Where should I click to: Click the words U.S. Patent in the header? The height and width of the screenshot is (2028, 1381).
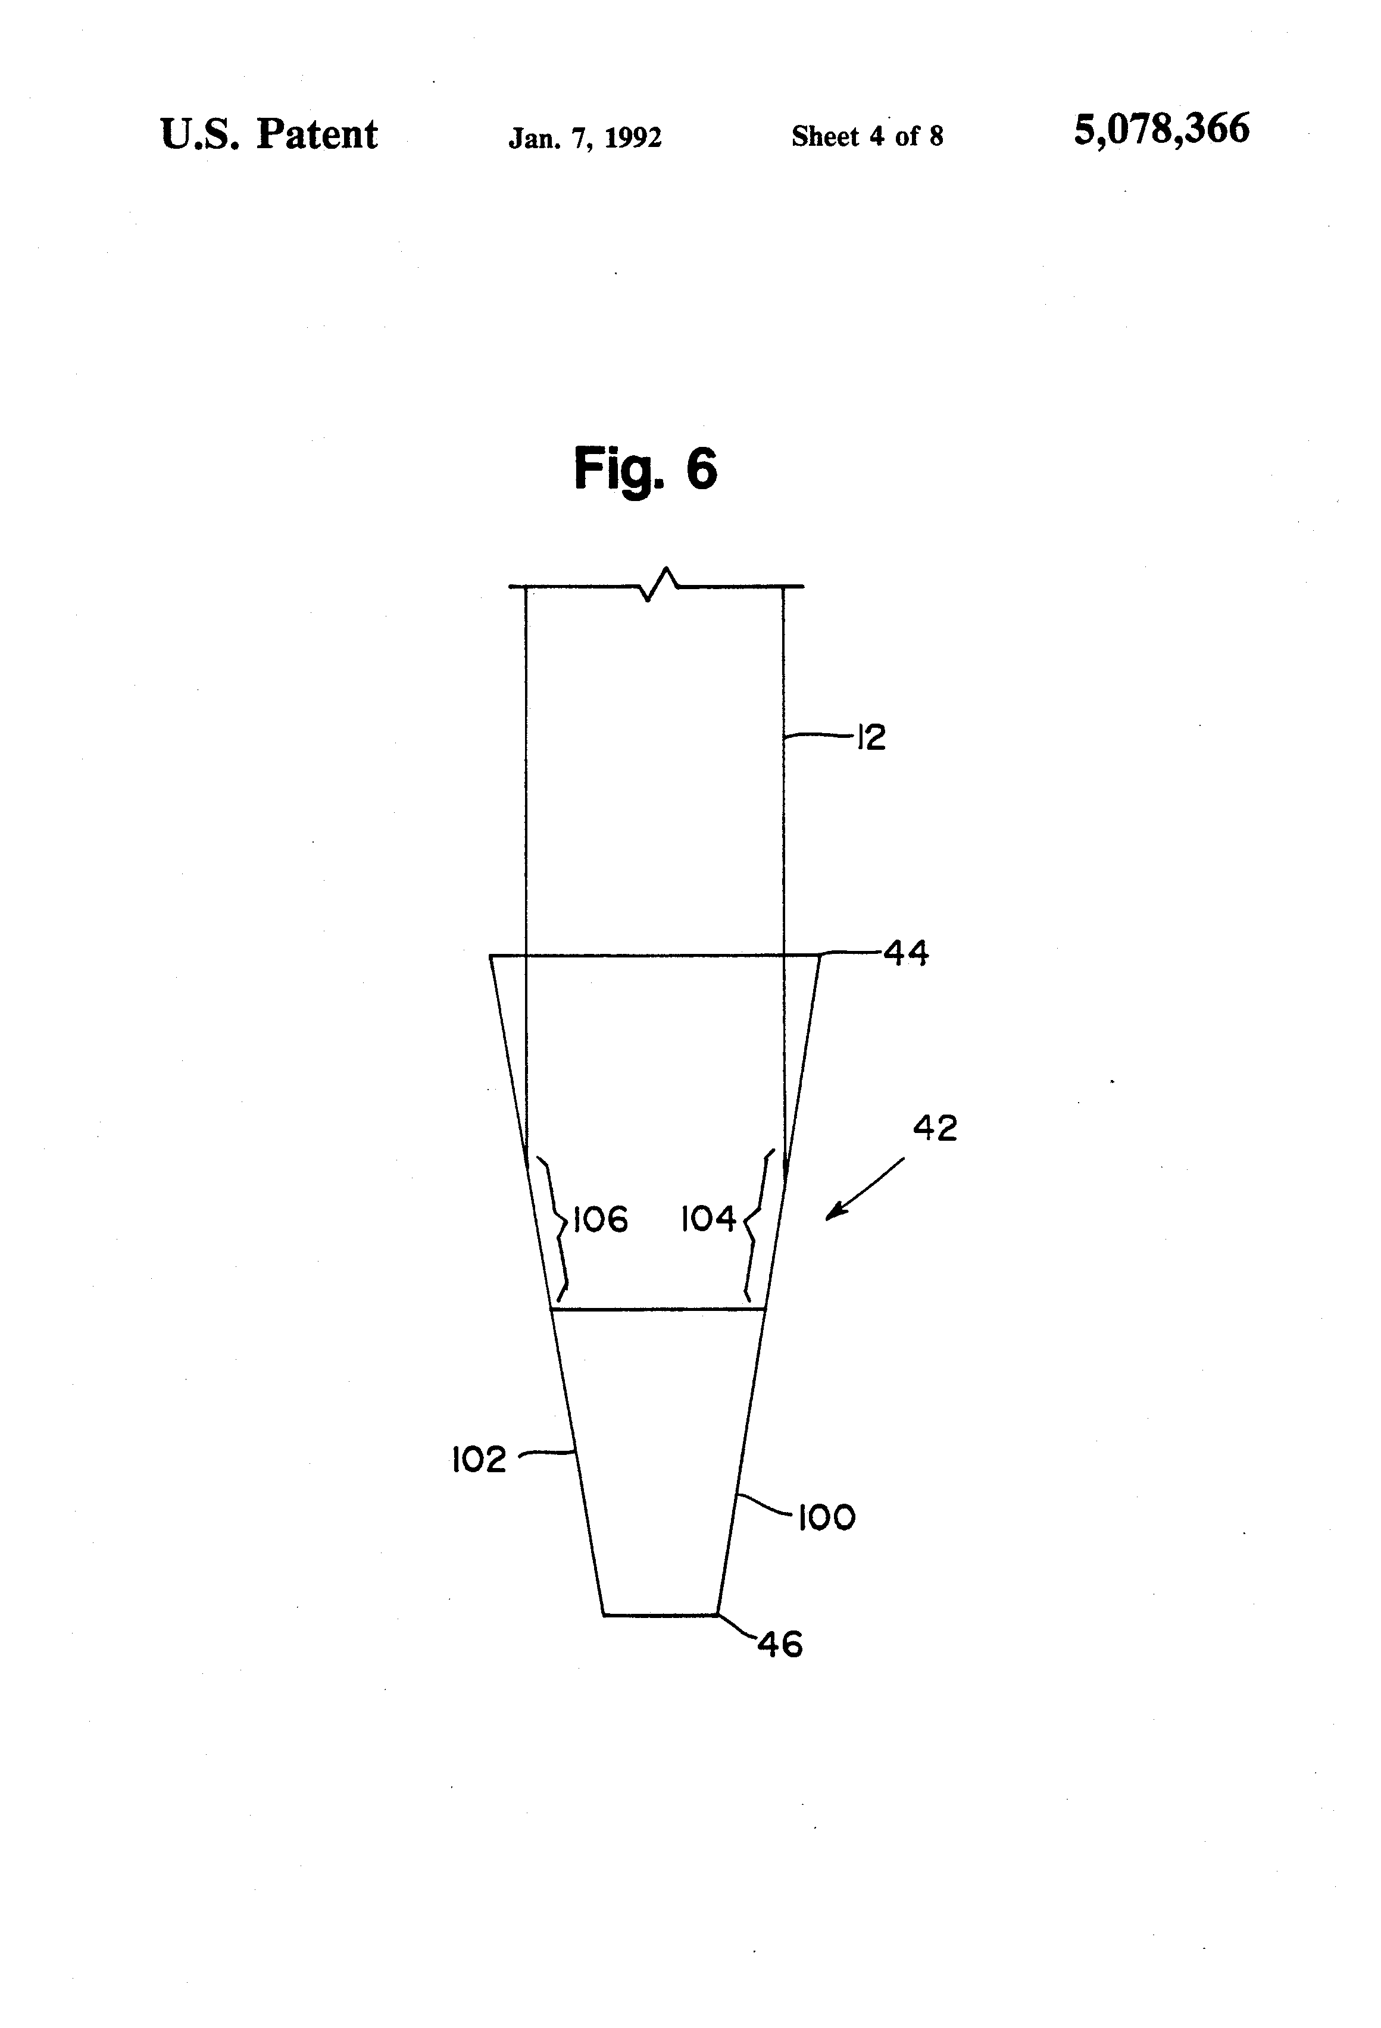pos(269,135)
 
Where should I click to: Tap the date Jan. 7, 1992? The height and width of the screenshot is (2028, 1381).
pos(585,137)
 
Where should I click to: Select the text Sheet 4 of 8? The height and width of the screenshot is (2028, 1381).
pos(867,136)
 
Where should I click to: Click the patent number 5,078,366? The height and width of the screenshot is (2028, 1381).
pos(1161,129)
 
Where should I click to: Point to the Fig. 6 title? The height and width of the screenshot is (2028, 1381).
pos(645,468)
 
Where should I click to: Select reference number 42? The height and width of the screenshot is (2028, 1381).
pos(935,1128)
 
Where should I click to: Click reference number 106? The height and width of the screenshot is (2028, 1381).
pos(601,1219)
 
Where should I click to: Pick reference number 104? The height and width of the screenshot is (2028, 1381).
pos(708,1219)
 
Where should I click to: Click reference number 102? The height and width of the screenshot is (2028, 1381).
pos(479,1458)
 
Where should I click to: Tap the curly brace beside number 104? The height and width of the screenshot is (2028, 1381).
pos(756,1222)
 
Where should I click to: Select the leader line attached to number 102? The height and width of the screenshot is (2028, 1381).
pos(546,1453)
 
